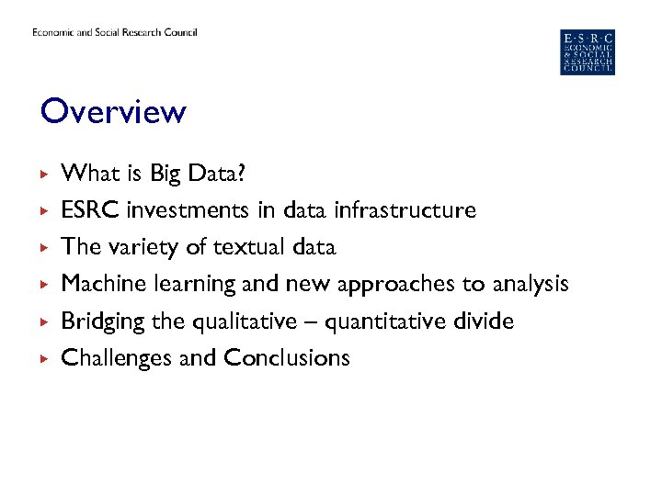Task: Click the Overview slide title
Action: pyautogui.click(x=113, y=112)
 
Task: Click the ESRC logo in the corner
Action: pyautogui.click(x=588, y=52)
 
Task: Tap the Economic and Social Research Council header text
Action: pyautogui.click(x=115, y=33)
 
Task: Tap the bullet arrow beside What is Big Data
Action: pyautogui.click(x=42, y=174)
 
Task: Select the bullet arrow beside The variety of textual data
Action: pyautogui.click(x=42, y=248)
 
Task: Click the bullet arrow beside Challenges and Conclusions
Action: pyautogui.click(x=42, y=358)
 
